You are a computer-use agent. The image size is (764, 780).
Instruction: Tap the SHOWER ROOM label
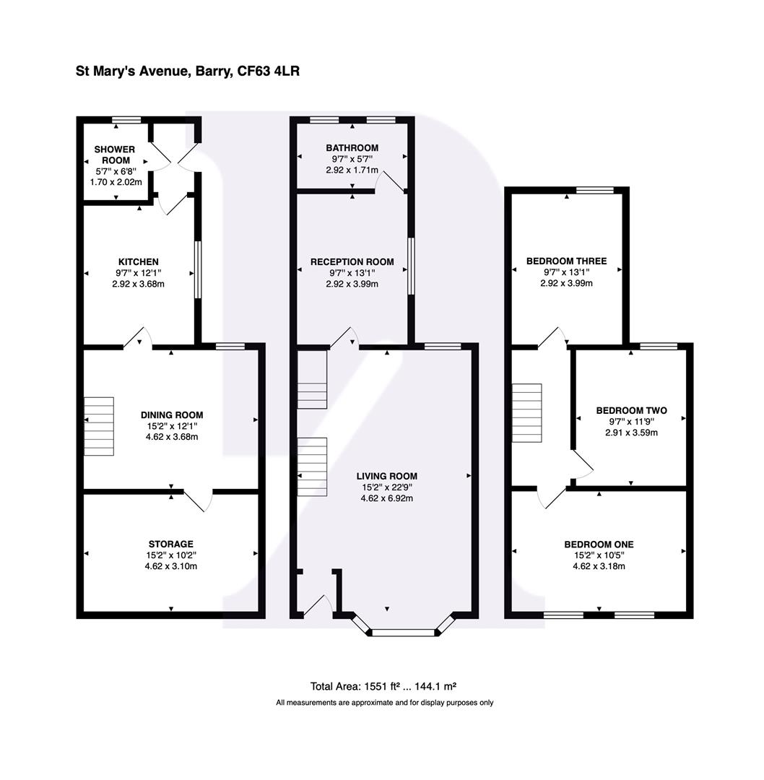pyautogui.click(x=114, y=155)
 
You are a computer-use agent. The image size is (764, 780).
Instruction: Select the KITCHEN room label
pyautogui.click(x=138, y=261)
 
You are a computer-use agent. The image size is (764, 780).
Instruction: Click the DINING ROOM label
pyautogui.click(x=171, y=415)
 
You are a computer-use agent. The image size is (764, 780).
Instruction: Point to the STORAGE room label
pyautogui.click(x=170, y=544)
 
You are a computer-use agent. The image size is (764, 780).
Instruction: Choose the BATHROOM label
pyautogui.click(x=352, y=148)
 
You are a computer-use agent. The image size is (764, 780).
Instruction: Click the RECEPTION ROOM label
pyautogui.click(x=352, y=261)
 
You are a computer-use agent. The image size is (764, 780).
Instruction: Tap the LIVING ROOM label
pyautogui.click(x=386, y=476)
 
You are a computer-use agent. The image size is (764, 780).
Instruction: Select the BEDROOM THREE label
pyautogui.click(x=566, y=261)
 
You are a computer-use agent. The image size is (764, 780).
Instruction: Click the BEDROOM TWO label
pyautogui.click(x=631, y=410)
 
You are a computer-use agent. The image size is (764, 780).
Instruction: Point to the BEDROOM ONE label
pyautogui.click(x=599, y=544)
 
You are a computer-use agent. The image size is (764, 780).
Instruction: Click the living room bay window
pyautogui.click(x=404, y=633)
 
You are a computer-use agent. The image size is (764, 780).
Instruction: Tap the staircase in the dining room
pyautogui.click(x=99, y=426)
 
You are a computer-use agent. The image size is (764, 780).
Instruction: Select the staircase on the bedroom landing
pyautogui.click(x=526, y=412)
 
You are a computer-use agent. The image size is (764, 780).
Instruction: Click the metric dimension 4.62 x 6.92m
pyautogui.click(x=386, y=498)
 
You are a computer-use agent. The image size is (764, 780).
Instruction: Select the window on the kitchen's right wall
pyautogui.click(x=197, y=269)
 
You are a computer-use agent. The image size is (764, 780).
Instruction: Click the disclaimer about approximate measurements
pyautogui.click(x=384, y=702)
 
